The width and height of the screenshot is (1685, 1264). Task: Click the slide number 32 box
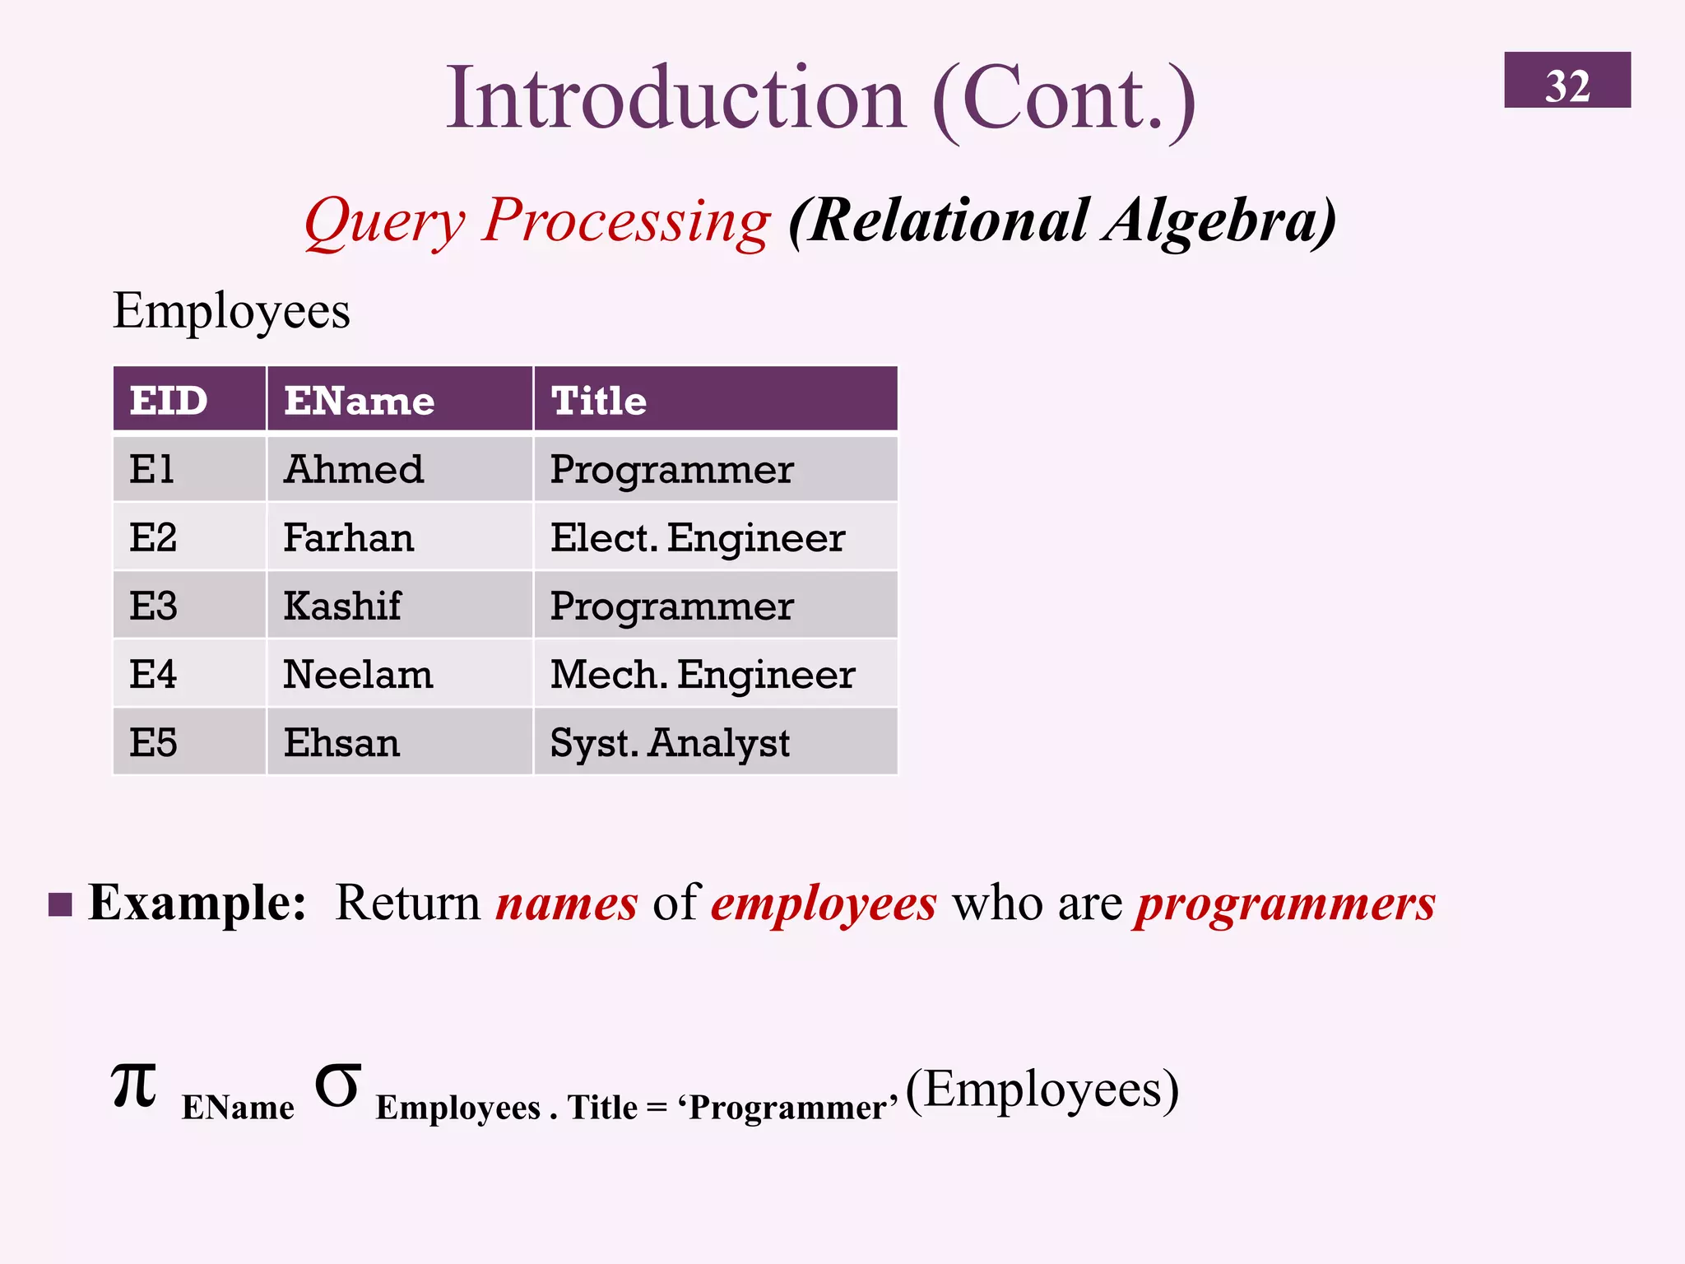(x=1567, y=80)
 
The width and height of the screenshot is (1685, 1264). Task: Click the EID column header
(x=189, y=400)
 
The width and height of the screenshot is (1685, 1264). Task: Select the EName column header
(x=399, y=400)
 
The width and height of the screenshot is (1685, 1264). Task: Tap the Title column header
(x=714, y=400)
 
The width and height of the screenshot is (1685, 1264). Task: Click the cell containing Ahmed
(x=399, y=469)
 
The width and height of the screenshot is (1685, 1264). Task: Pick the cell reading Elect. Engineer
(x=714, y=537)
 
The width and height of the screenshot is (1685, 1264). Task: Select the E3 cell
(x=189, y=606)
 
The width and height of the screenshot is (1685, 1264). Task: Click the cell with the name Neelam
(x=399, y=674)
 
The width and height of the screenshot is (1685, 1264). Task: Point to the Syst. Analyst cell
(x=714, y=742)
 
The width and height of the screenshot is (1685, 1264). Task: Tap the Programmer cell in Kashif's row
(x=714, y=606)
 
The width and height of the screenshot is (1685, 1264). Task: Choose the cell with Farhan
(x=399, y=537)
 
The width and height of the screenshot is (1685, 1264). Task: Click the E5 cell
(x=189, y=742)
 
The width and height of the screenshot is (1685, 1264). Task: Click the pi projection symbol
(x=133, y=1086)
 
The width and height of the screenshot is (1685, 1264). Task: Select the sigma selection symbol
(x=337, y=1086)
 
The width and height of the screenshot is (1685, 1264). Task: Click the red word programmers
(x=1285, y=904)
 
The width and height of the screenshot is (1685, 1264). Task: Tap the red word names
(x=566, y=904)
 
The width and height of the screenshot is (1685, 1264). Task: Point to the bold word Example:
(x=197, y=904)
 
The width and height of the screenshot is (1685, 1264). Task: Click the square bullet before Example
(x=60, y=904)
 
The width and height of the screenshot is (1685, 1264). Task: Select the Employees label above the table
(x=231, y=312)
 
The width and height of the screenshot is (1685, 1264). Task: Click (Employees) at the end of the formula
(x=1042, y=1090)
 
